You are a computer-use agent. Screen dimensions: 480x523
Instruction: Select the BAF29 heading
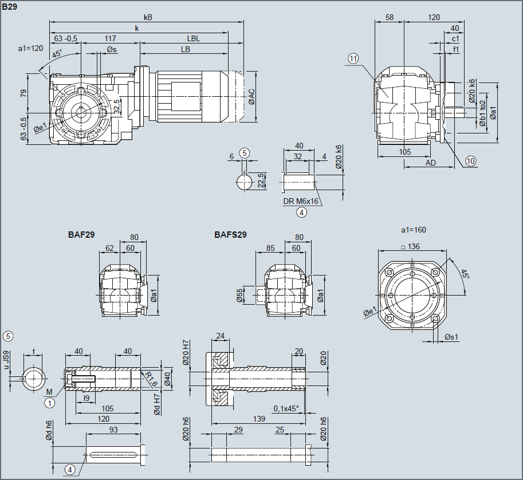[x=81, y=234]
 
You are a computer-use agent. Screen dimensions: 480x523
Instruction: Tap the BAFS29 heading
[x=230, y=234]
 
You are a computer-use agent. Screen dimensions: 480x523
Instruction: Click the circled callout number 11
[x=353, y=58]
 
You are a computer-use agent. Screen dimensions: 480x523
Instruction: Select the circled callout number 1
[x=50, y=403]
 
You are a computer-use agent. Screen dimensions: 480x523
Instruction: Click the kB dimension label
[x=148, y=17]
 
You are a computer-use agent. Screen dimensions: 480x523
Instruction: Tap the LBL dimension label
[x=193, y=39]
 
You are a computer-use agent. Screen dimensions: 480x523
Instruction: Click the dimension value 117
[x=111, y=39]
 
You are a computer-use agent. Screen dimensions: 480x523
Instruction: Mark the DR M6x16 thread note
[x=301, y=202]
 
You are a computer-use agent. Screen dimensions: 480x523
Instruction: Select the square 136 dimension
[x=411, y=247]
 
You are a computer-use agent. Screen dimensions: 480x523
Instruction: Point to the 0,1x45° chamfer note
[x=286, y=409]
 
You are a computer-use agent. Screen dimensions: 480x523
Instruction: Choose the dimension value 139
[x=259, y=419]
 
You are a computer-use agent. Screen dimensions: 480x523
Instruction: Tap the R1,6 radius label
[x=151, y=378]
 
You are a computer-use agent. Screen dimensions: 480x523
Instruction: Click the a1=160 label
[x=413, y=230]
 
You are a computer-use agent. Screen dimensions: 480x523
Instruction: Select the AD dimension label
[x=431, y=163]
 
